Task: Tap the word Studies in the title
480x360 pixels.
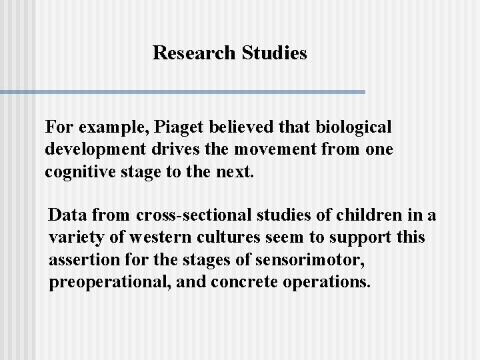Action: pos(271,53)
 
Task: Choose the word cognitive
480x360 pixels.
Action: pos(77,172)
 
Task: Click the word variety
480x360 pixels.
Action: pos(75,237)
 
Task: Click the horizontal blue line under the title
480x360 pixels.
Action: pos(183,91)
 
